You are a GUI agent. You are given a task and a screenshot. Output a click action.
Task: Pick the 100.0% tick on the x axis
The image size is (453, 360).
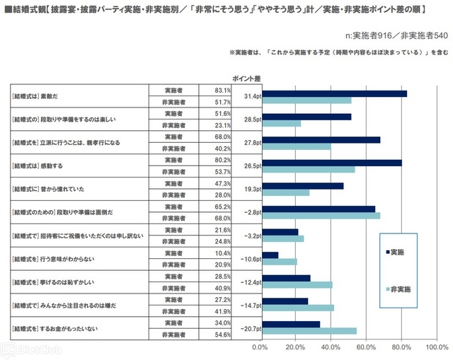pos(437,347)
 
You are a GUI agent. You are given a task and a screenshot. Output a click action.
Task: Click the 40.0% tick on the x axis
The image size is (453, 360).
pos(331,347)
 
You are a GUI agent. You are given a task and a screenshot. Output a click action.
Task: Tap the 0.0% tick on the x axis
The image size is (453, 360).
pos(260,347)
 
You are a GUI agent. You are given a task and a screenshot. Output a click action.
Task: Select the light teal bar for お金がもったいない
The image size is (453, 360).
pos(309,330)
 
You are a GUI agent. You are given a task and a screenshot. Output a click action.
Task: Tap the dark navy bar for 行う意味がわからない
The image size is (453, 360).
pos(270,255)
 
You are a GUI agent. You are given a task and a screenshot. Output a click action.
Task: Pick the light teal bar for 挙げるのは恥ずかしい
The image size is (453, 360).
pos(297,284)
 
